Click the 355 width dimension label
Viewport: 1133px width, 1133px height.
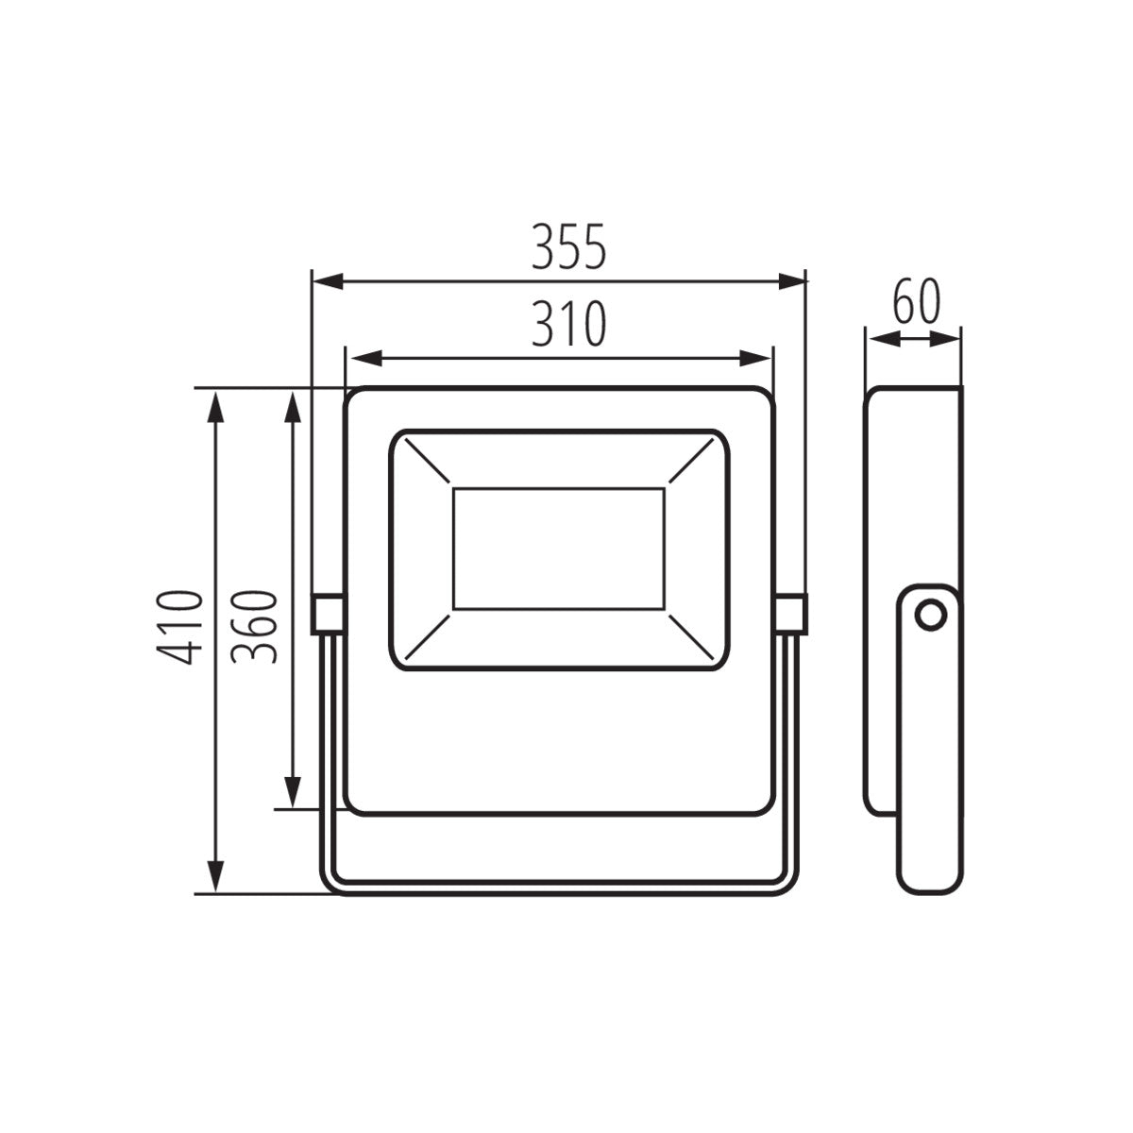pos(566,248)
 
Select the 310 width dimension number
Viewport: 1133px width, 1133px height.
pos(566,325)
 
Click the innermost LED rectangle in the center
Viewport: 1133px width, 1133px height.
pos(558,549)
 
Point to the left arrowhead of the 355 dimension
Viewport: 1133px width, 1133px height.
pos(327,280)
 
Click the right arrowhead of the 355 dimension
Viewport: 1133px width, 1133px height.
pos(791,280)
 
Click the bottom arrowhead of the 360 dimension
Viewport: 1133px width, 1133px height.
pos(294,791)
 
